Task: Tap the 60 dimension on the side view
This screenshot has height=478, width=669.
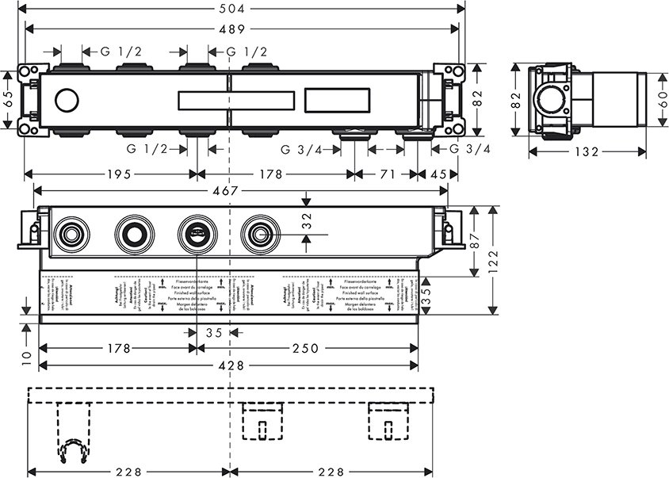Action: [x=660, y=99]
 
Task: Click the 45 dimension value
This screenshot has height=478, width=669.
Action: [x=438, y=174]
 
